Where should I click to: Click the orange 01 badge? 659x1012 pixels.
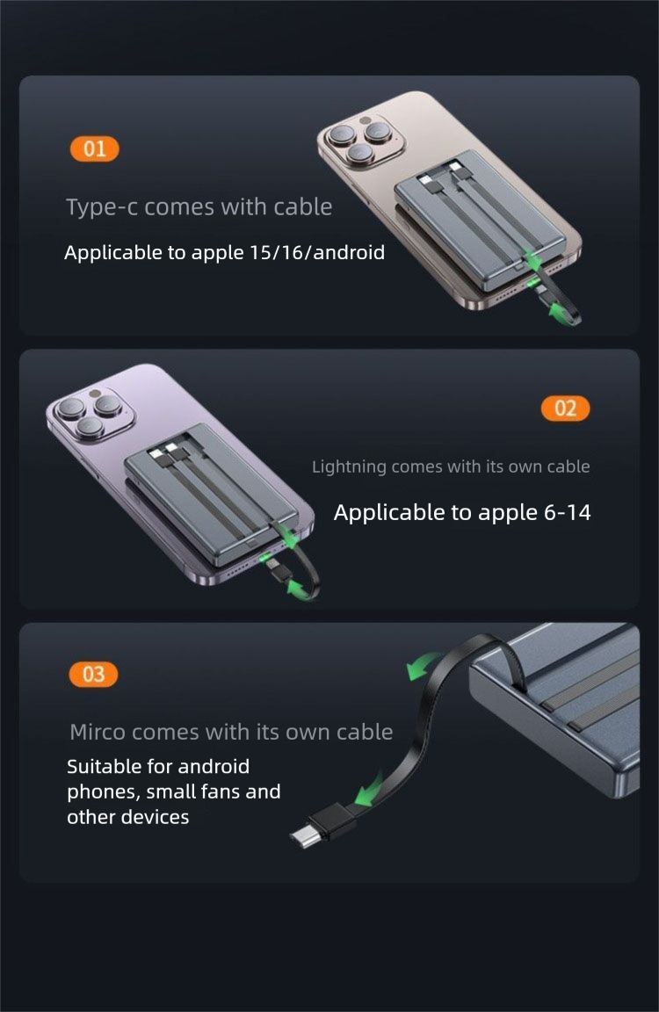click(x=94, y=149)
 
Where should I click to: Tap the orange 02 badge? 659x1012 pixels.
click(x=565, y=408)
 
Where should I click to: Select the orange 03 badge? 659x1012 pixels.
click(x=93, y=675)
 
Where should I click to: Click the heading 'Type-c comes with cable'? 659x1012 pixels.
click(x=199, y=207)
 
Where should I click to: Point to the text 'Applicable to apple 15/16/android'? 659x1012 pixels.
click(x=224, y=253)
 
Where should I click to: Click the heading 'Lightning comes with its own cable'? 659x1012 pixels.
click(x=451, y=466)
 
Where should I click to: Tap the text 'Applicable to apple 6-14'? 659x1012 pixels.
click(x=462, y=513)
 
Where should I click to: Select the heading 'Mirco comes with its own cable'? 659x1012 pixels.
click(x=231, y=732)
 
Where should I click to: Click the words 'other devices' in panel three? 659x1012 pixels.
click(x=128, y=817)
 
